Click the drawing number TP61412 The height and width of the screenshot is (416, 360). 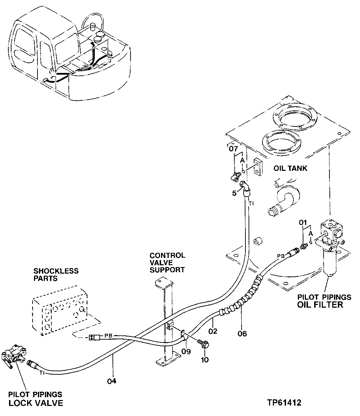[x=284, y=403]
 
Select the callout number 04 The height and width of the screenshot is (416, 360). [x=111, y=381]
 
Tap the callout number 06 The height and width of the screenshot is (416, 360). [x=242, y=334]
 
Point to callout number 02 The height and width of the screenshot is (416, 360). [x=213, y=331]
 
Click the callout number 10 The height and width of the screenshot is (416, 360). [x=205, y=360]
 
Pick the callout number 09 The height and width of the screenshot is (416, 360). [x=186, y=351]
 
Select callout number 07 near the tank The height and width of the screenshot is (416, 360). [x=233, y=150]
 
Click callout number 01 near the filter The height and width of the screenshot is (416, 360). [x=303, y=222]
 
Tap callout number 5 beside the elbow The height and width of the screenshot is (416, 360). [x=234, y=193]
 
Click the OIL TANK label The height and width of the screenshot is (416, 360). [x=290, y=168]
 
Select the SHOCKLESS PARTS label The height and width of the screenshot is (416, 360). [x=56, y=275]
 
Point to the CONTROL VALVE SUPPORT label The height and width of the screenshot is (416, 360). [x=167, y=263]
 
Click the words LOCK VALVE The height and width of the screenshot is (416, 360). [x=36, y=403]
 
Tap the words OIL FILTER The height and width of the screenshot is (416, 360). [x=320, y=305]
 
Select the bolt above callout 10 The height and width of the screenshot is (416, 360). [x=203, y=344]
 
